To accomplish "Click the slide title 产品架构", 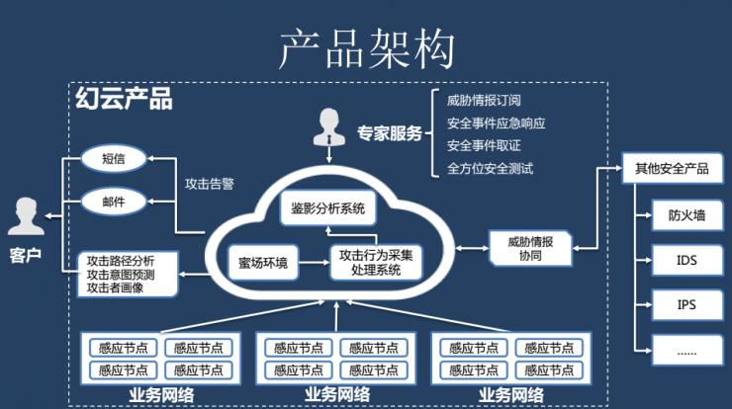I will [x=366, y=48].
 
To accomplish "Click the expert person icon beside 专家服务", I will [x=327, y=126].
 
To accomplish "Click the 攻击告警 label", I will [x=210, y=183].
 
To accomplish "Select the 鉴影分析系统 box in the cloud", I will [x=328, y=209].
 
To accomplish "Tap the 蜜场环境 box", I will [x=263, y=263].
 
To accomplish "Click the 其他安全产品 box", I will [x=672, y=168].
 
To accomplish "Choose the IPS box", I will [x=686, y=304].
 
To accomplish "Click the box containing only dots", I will [x=686, y=350].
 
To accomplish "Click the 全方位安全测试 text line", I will [x=490, y=168].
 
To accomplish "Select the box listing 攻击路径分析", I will [x=129, y=274].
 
